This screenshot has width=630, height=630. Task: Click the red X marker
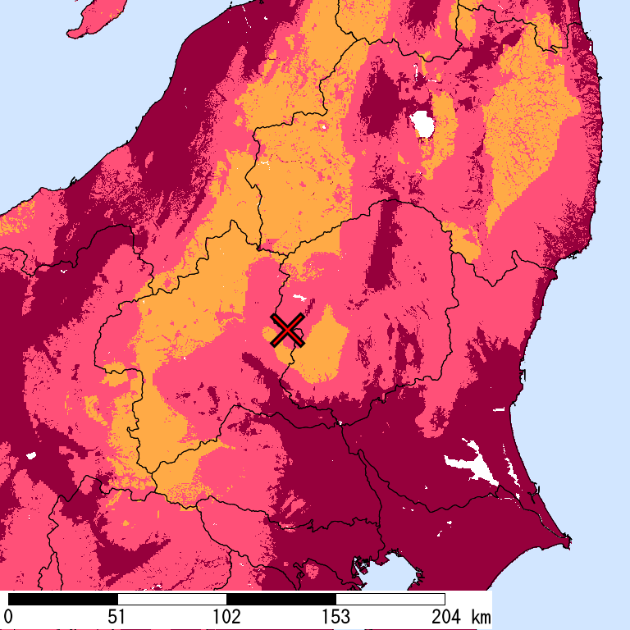tap(287, 330)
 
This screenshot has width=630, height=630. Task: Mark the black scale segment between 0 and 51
tap(62, 599)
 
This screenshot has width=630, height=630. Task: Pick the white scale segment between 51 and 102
tap(171, 599)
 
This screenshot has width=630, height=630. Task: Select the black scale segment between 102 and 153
tap(281, 599)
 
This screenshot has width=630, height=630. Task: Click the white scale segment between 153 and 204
tap(390, 599)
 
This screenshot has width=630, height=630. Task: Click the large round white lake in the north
tap(424, 124)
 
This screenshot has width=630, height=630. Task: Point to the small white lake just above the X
tap(298, 300)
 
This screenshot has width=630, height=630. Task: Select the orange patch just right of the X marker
tap(324, 345)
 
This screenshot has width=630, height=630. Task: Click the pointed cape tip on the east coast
tap(568, 542)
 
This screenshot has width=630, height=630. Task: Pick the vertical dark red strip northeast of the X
tap(381, 262)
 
